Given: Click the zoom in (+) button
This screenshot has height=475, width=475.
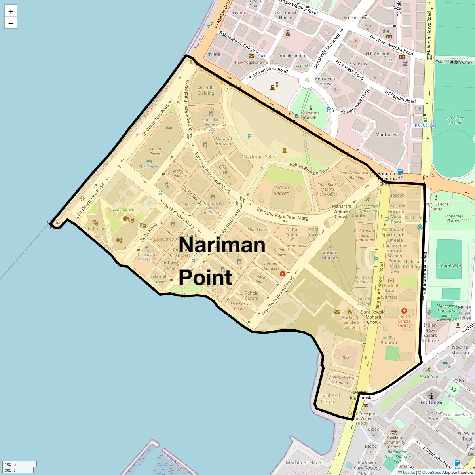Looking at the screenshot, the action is pos(11,11).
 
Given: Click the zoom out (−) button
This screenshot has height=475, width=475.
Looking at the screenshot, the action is pos(11,23).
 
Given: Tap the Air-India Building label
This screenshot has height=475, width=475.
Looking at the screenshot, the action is pos(205,91).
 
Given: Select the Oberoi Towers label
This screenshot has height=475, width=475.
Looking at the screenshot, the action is pos(156,151).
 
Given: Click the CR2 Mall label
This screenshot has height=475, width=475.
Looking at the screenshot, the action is pos(223,170).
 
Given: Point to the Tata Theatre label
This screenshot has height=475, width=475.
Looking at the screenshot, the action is pos(95,228).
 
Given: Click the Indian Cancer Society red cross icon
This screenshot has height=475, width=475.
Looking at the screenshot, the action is pos(404,311).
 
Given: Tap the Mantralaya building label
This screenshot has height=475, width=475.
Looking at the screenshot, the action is pos(387,135).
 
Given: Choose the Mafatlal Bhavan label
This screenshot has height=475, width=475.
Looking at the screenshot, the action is pos(223,141).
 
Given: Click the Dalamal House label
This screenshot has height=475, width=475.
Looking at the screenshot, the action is pos(158,279).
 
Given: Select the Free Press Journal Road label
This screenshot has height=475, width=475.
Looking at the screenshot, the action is pos(278,296).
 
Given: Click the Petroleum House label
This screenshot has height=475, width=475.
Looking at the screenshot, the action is pos(326,81).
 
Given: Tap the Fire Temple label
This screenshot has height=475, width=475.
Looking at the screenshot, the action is pos(431,402).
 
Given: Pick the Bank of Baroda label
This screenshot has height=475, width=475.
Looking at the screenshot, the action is pos(391,288).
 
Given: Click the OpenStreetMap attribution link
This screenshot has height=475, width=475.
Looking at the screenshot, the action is pos(436,472).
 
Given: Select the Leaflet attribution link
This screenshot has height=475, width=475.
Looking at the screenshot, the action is pos(409,472).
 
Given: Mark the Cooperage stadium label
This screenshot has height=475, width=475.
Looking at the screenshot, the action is pos(449,266).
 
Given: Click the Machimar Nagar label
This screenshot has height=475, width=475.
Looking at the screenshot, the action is pos(304,462).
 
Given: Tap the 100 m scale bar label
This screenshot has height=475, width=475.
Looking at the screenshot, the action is pos(11,464).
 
